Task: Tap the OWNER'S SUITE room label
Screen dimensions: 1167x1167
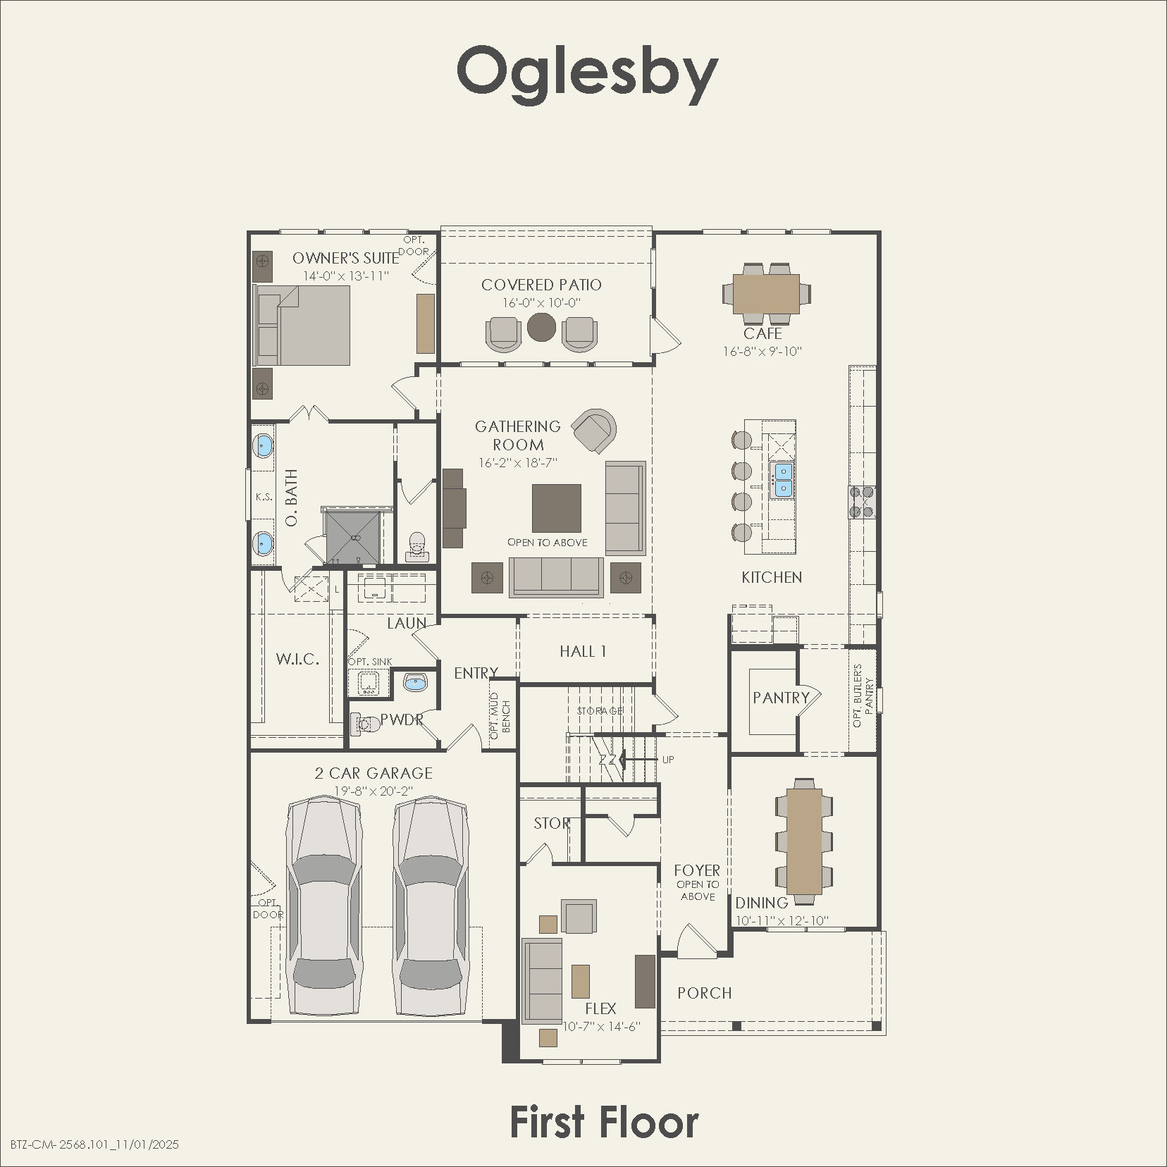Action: click(x=345, y=258)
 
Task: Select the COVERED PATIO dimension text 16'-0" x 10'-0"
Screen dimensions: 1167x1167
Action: click(x=541, y=303)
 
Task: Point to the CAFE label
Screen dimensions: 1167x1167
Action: click(x=762, y=333)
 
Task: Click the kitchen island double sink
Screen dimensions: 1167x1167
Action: click(x=782, y=480)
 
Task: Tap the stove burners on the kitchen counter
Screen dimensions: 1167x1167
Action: click(x=862, y=502)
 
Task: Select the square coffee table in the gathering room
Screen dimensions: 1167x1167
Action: click(x=556, y=507)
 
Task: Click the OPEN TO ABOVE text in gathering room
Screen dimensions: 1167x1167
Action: click(x=548, y=543)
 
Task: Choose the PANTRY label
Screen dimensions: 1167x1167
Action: click(x=781, y=698)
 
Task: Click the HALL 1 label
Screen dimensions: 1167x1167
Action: click(x=583, y=651)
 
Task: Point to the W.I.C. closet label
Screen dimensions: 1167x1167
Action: click(x=297, y=660)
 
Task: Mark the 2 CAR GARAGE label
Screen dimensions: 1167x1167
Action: click(x=373, y=773)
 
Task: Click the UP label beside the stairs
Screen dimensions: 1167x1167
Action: click(x=668, y=759)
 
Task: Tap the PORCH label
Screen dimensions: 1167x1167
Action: click(x=705, y=993)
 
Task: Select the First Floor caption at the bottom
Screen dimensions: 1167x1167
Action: click(x=604, y=1122)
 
